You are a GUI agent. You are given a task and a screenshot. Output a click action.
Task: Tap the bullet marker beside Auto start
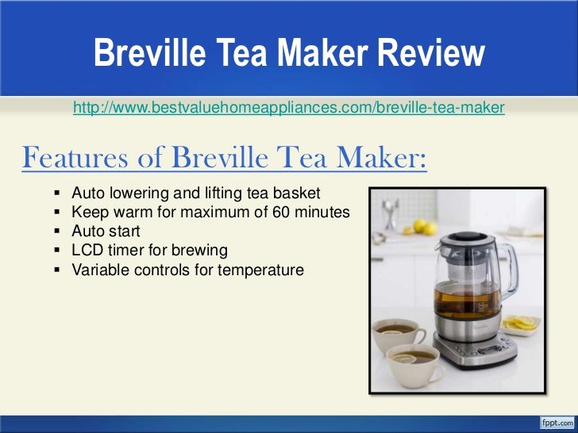[x=60, y=232]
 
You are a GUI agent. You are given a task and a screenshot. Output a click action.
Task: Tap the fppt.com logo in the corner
[x=557, y=421]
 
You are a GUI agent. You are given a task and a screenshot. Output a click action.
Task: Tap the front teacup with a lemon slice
[x=414, y=362]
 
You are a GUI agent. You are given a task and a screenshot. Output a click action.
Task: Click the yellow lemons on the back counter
[x=425, y=228]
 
